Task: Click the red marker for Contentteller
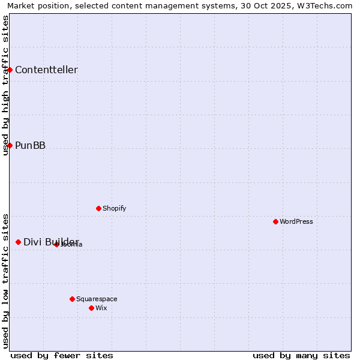point(10,70)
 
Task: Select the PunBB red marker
point(10,145)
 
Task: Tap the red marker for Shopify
point(98,208)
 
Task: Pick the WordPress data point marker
point(275,221)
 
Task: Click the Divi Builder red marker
point(18,242)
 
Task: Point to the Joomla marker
point(56,244)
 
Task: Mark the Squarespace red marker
point(72,299)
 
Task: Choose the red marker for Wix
point(91,308)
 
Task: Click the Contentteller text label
point(46,70)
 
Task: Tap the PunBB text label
point(30,145)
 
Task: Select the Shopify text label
point(114,208)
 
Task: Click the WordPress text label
point(296,221)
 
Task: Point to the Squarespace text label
point(97,299)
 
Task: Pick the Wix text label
point(101,308)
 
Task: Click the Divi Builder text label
point(51,242)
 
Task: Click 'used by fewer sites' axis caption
point(62,355)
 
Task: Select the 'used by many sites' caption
point(301,355)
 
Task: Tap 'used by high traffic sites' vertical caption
point(5,85)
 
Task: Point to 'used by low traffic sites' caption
point(5,280)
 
